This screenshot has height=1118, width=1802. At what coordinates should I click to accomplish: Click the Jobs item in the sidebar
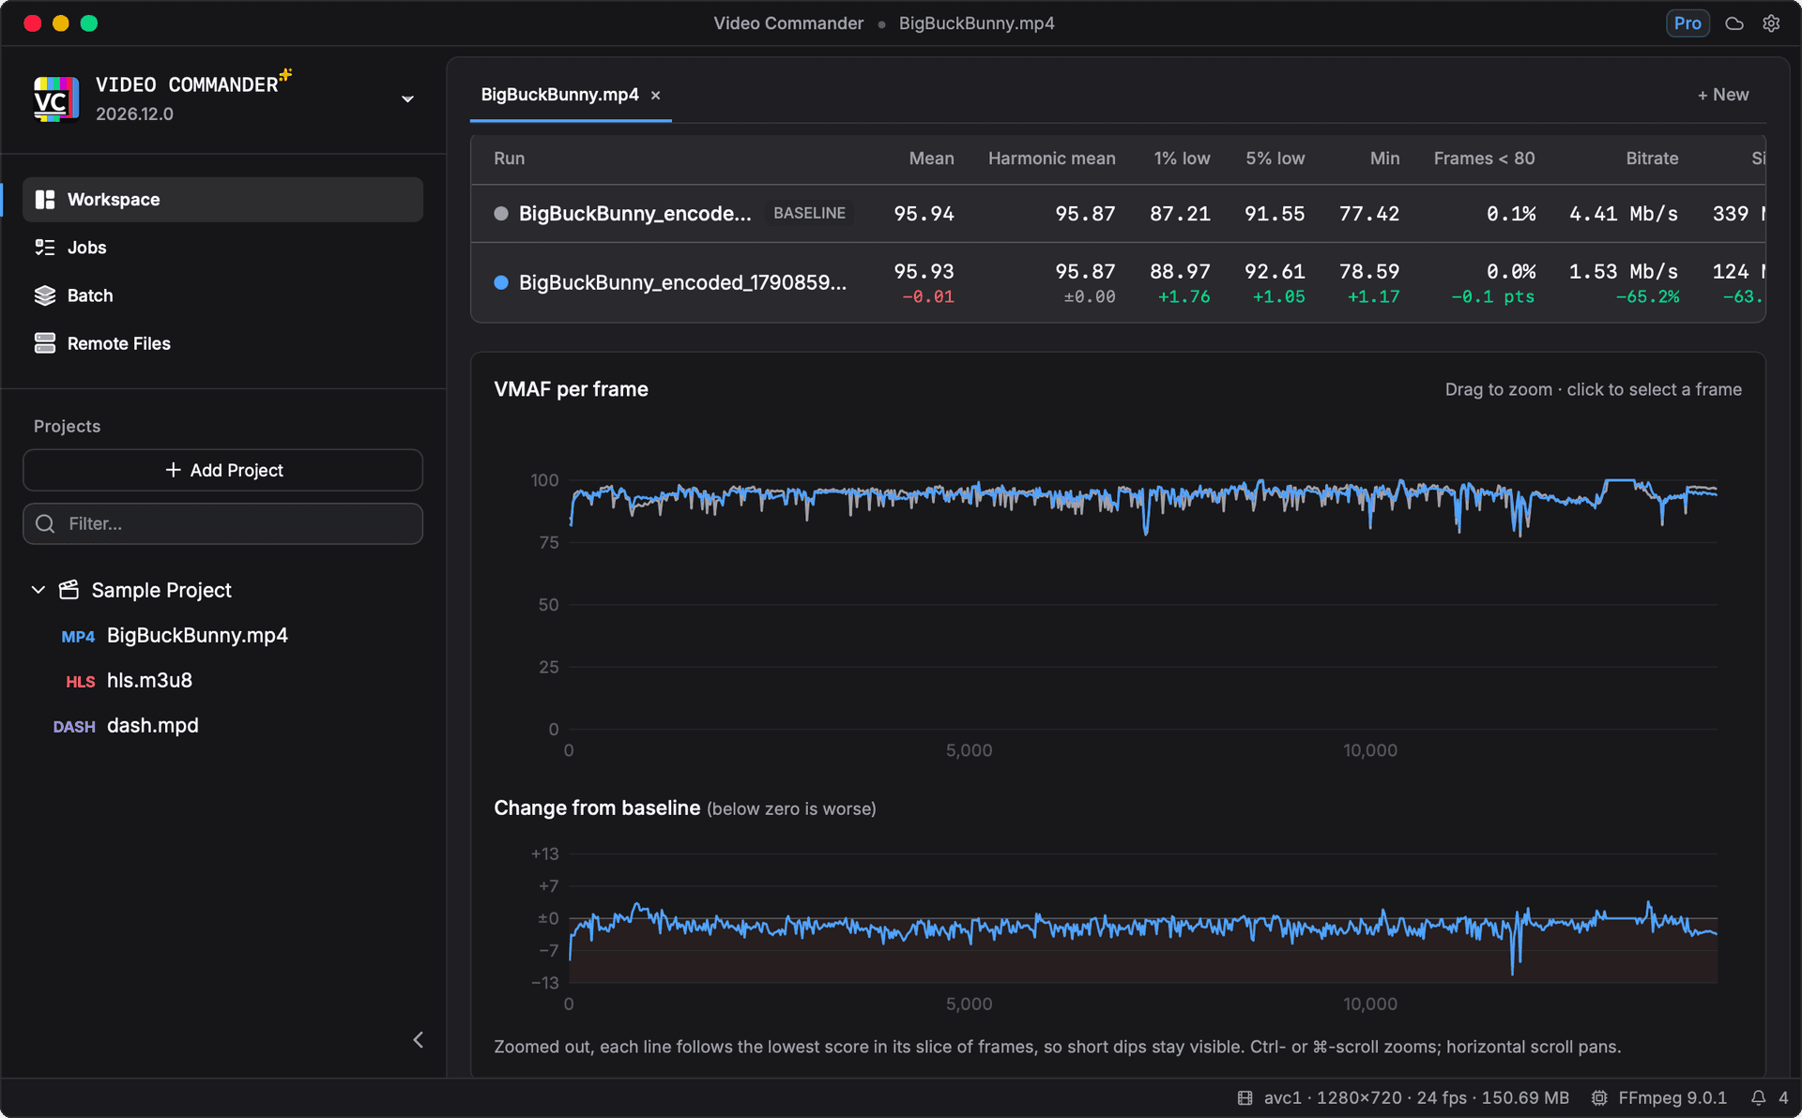click(x=86, y=248)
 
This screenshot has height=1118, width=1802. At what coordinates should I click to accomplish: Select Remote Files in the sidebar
click(x=118, y=343)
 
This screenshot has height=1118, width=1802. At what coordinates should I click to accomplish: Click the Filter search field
click(x=222, y=523)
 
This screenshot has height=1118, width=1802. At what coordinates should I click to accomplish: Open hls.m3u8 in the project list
click(x=149, y=681)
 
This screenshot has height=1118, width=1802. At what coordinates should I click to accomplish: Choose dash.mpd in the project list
click(x=152, y=726)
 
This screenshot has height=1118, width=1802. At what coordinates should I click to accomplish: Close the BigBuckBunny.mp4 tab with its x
click(x=656, y=95)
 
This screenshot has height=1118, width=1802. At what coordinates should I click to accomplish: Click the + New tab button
click(x=1722, y=95)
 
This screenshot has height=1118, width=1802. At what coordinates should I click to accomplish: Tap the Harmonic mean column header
click(x=1051, y=159)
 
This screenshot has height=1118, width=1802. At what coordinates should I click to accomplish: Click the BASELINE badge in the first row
click(x=809, y=214)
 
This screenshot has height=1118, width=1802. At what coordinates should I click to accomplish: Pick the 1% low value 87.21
click(x=1180, y=214)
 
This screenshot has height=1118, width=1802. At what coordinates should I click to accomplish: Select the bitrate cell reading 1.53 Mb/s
click(x=1623, y=272)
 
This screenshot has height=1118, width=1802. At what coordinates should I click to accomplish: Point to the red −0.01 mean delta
click(x=927, y=297)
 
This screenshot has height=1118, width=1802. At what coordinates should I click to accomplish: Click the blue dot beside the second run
click(x=501, y=282)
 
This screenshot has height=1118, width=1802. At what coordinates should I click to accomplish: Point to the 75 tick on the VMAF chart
click(x=549, y=543)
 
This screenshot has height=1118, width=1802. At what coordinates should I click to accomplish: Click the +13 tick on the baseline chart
click(x=544, y=854)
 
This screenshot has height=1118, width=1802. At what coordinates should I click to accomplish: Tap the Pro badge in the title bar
click(x=1687, y=23)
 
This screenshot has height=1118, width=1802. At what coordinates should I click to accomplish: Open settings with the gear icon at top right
click(x=1771, y=23)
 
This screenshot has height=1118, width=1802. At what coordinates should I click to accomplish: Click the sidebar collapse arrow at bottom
click(x=419, y=1039)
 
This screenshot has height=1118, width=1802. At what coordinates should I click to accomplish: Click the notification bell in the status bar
click(x=1758, y=1098)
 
